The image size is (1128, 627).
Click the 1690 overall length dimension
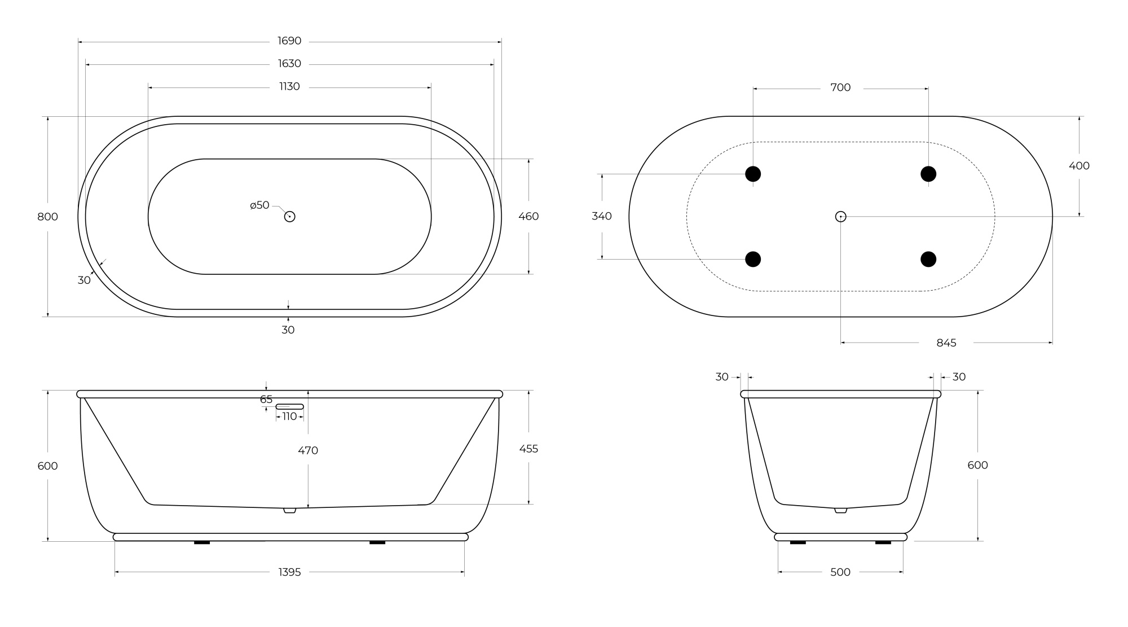point(289,41)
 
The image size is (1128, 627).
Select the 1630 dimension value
point(289,64)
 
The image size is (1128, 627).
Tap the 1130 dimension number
point(289,86)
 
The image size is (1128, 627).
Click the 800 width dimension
point(47,217)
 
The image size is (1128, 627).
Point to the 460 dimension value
point(528,216)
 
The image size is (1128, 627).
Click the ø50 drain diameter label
point(260,205)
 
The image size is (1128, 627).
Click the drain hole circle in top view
point(289,217)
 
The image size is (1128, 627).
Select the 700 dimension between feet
point(840,87)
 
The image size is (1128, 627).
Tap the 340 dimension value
point(602,216)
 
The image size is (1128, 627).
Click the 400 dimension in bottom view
point(1079,166)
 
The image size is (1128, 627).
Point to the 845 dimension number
point(946,343)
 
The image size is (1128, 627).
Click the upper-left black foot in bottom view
point(753,174)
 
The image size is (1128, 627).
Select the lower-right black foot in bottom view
point(928,259)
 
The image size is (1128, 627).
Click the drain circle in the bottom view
point(840,217)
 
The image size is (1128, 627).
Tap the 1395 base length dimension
point(289,572)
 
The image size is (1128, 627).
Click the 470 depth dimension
point(308,450)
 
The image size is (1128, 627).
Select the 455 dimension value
point(528,449)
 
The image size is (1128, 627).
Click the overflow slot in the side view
point(289,406)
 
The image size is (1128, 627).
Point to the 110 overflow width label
point(289,416)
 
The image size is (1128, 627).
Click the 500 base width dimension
point(840,572)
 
